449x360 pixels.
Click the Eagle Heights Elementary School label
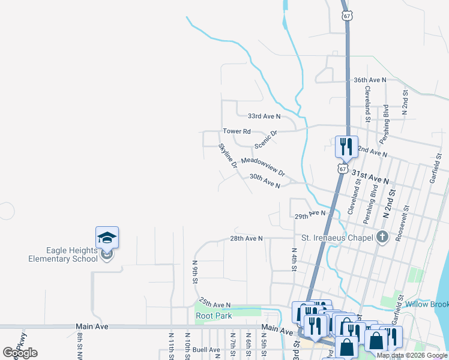63,254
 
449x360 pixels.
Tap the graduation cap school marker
107,238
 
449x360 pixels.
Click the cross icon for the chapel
382,236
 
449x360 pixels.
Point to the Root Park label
213,316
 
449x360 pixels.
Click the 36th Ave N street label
370,80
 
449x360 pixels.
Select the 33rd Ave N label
265,116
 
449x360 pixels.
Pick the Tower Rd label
237,131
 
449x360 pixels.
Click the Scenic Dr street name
266,140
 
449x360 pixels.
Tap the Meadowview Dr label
263,167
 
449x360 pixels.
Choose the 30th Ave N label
265,181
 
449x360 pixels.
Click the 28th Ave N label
247,238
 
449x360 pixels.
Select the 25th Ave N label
215,305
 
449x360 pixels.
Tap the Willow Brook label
426,304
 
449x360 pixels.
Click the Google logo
20,353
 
